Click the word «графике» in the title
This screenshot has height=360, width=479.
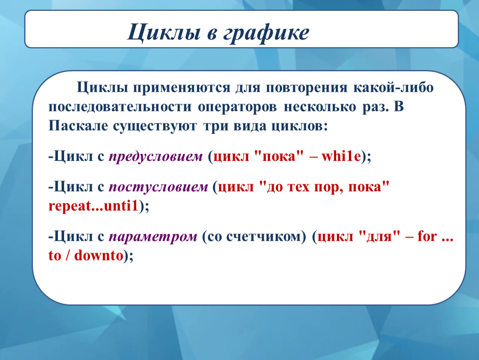click(266, 33)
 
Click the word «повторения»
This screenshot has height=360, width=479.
click(307, 88)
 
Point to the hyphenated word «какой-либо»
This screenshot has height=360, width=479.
click(394, 87)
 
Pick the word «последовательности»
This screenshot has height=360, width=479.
click(120, 107)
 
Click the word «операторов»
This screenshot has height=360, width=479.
click(237, 107)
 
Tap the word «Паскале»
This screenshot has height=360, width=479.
click(78, 125)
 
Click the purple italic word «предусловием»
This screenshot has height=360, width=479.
click(156, 157)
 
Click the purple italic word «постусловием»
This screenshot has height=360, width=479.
click(158, 187)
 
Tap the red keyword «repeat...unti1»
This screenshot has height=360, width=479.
click(93, 206)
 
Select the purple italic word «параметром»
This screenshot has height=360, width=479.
click(153, 237)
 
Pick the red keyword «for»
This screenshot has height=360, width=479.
click(427, 236)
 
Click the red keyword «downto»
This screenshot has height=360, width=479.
click(99, 255)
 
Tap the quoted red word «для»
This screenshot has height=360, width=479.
click(379, 237)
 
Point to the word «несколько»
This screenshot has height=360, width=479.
click(320, 107)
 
